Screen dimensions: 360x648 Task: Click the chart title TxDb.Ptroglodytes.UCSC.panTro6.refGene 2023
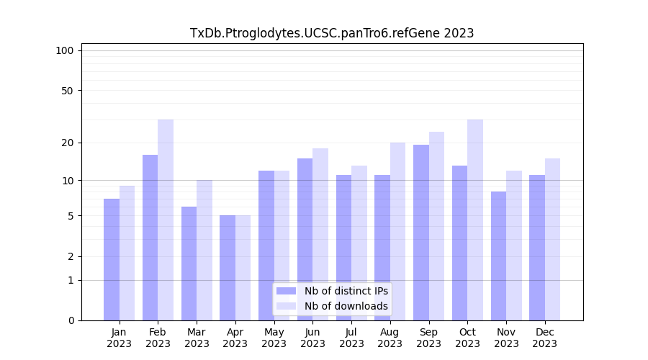pyautogui.click(x=332, y=33)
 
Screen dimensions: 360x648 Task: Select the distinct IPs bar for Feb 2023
pyautogui.click(x=150, y=238)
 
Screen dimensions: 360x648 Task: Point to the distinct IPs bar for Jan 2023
pyautogui.click(x=112, y=259)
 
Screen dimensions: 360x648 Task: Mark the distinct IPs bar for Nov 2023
pyautogui.click(x=498, y=256)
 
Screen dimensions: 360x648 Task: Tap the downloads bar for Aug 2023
pyautogui.click(x=398, y=231)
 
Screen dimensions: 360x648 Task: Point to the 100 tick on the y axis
pyautogui.click(x=65, y=50)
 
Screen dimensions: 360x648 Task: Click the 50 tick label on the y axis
pyautogui.click(x=67, y=91)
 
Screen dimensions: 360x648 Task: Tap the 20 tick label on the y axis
pyautogui.click(x=67, y=143)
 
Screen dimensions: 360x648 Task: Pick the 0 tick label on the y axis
pyautogui.click(x=71, y=320)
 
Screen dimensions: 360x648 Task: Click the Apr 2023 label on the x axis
pyautogui.click(x=235, y=338)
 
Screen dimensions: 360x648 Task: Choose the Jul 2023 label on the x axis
pyautogui.click(x=351, y=338)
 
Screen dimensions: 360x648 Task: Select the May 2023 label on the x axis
pyautogui.click(x=274, y=338)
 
